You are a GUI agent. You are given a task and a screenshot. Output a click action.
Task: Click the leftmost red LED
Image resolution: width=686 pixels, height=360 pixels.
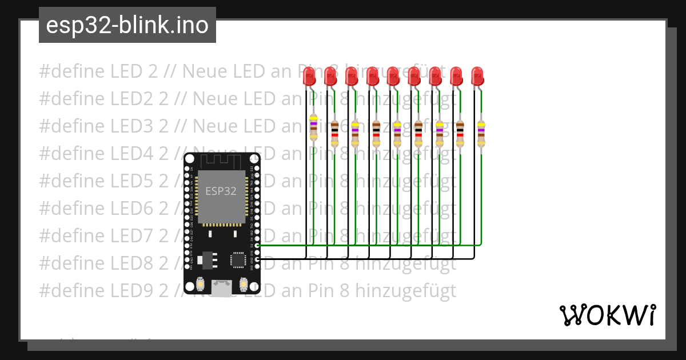[x=309, y=76]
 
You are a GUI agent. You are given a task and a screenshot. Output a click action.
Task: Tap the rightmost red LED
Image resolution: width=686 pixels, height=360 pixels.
[x=477, y=76]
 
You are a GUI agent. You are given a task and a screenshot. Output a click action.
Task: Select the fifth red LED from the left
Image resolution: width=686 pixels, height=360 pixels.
[x=393, y=76]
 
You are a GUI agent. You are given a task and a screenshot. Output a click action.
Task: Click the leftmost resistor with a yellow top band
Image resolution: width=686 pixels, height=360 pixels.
[x=313, y=127]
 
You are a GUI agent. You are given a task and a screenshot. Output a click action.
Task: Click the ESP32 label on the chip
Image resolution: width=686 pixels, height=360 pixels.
[x=221, y=191]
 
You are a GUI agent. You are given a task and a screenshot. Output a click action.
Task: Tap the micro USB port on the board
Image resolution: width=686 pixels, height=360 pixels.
[x=222, y=287]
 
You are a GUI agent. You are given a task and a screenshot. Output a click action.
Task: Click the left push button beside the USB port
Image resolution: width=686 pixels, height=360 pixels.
[x=201, y=283]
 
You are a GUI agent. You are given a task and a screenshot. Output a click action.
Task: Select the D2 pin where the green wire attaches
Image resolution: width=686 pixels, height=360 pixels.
[x=257, y=245]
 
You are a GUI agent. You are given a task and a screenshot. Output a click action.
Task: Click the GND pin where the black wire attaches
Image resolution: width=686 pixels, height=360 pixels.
[x=257, y=259]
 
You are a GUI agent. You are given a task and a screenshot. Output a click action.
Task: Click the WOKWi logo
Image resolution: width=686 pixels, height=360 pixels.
[x=608, y=315]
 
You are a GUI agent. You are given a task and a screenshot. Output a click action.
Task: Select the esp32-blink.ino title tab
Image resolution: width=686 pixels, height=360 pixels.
[x=127, y=25]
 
